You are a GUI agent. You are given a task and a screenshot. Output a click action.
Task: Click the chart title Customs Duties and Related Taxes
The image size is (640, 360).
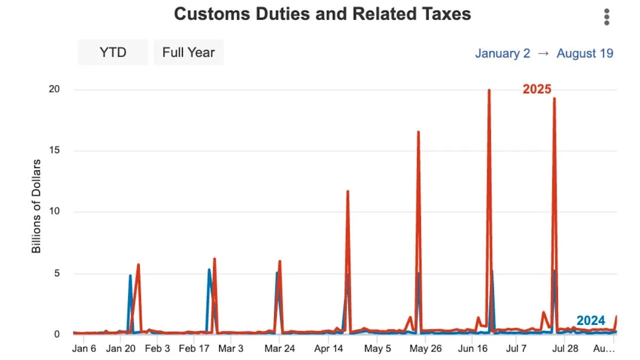322,14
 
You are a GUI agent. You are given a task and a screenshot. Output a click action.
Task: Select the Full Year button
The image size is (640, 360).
188,53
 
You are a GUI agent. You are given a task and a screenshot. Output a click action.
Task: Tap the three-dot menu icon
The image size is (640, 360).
606,17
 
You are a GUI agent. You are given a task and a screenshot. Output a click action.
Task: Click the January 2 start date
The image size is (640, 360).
502,53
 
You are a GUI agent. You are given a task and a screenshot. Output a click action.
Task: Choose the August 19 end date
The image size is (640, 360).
585,53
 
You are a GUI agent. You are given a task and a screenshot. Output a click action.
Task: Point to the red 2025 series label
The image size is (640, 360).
537,89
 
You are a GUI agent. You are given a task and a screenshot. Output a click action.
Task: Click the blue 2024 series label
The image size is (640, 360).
591,321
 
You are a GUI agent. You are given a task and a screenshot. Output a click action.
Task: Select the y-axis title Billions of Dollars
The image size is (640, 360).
36,206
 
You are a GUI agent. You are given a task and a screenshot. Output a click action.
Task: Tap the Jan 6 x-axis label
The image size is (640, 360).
84,349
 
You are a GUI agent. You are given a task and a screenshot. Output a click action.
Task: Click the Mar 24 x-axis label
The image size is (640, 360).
279,349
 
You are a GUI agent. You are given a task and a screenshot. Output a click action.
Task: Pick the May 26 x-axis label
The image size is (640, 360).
425,349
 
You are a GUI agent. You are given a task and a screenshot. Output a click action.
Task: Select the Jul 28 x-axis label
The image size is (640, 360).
564,349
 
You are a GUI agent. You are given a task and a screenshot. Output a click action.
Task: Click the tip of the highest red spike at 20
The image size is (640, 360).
489,90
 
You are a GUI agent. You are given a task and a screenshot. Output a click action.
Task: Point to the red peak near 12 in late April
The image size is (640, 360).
347,191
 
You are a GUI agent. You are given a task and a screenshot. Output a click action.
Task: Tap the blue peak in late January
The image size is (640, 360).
130,276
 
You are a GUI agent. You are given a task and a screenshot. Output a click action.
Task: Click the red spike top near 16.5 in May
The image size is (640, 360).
418,132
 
